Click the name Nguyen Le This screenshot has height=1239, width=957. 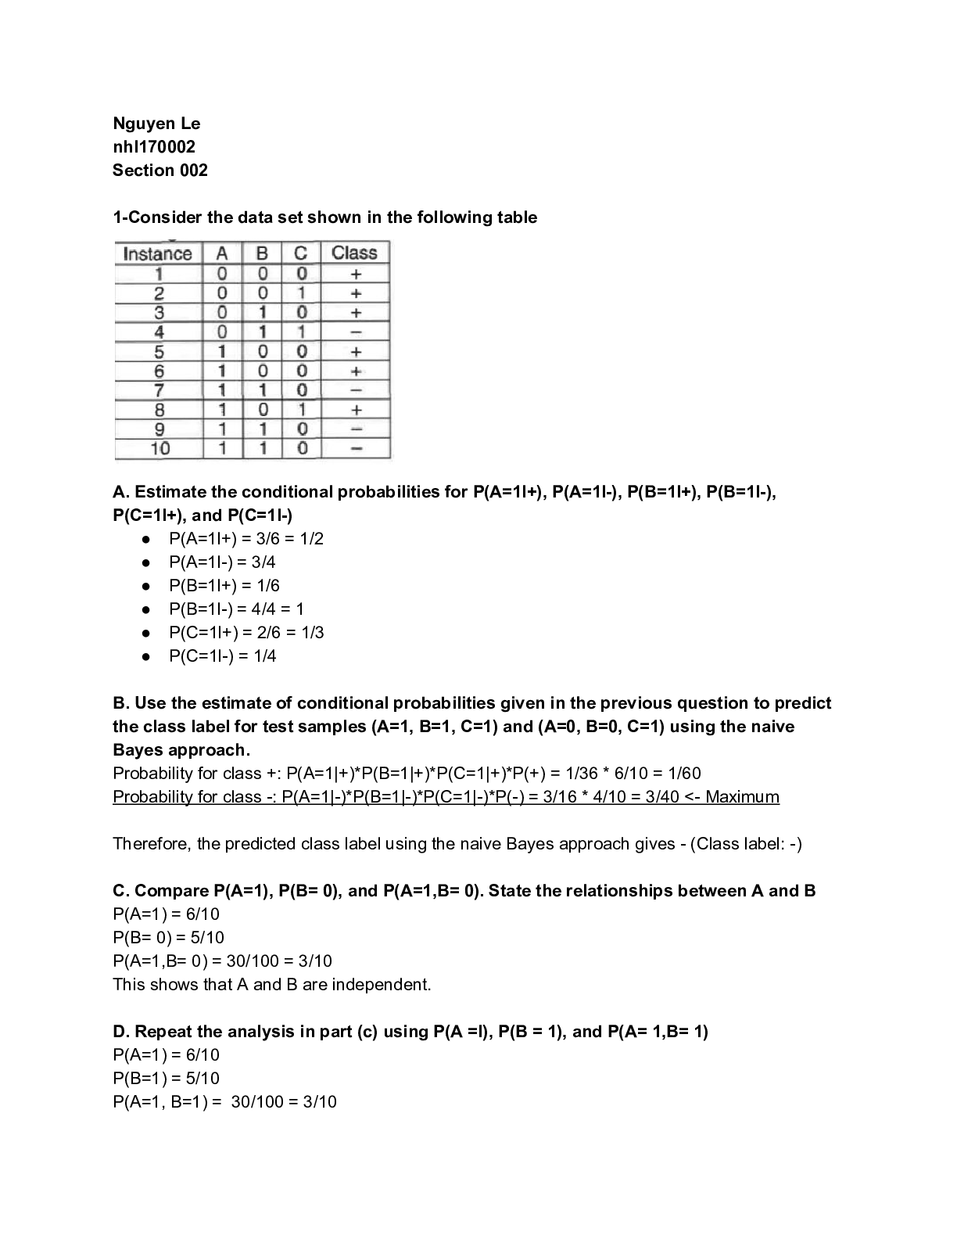(x=156, y=124)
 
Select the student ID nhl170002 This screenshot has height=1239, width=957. (x=154, y=147)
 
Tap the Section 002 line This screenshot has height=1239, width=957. (x=160, y=171)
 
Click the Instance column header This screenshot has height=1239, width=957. (x=158, y=253)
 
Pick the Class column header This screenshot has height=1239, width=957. (x=354, y=253)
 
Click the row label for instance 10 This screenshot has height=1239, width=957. (x=159, y=448)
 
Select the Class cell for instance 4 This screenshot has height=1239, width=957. (x=356, y=332)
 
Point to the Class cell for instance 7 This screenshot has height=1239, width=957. (x=356, y=390)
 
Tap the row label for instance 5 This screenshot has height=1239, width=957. (x=159, y=352)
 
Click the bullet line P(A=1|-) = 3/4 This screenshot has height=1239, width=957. (x=222, y=562)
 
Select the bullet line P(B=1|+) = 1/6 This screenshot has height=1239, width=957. (x=224, y=586)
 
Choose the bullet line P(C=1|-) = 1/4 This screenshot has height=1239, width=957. (x=223, y=656)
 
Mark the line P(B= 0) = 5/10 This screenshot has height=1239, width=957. (x=168, y=938)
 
